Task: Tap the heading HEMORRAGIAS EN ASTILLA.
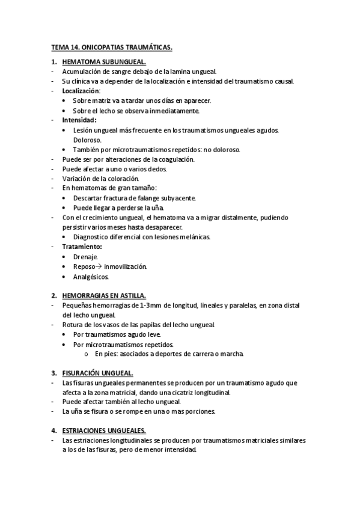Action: (x=104, y=295)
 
